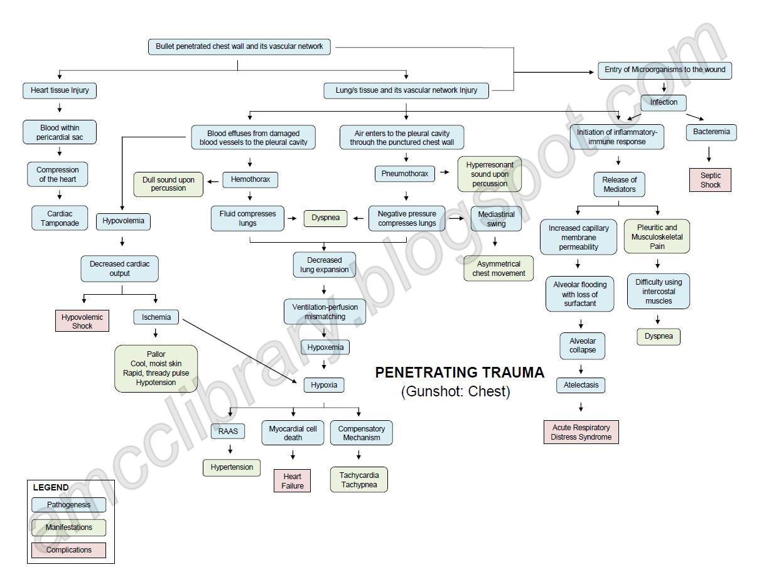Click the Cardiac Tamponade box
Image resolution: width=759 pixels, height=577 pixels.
pos(60,218)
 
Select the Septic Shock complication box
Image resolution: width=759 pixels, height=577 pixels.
pos(710,180)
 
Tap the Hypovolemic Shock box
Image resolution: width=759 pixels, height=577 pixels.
pos(82,321)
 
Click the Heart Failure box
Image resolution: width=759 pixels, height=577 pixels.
pos(293,481)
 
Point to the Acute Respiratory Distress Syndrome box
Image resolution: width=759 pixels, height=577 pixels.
pos(581,432)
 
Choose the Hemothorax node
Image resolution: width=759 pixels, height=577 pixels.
pos(250,179)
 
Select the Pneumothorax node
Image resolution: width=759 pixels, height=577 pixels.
pos(405,173)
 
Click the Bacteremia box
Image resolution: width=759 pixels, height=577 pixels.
pos(711,132)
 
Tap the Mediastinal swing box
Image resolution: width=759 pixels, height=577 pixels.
pos(496,218)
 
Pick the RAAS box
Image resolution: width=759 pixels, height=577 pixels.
pos(228,431)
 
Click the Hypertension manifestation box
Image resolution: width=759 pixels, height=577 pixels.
pos(232,467)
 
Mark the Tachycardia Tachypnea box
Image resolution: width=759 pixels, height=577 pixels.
pos(359,480)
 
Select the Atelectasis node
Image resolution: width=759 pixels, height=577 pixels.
pos(581,385)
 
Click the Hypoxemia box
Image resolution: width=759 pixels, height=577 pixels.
pos(325,347)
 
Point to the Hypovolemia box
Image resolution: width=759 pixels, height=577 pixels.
pos(124,221)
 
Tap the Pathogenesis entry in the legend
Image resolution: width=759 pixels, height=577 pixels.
pos(68,505)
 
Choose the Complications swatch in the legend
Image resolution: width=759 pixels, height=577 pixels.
pos(68,550)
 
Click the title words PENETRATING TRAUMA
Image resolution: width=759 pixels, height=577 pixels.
pos(460,373)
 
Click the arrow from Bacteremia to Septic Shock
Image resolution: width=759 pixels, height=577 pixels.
pos(709,154)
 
